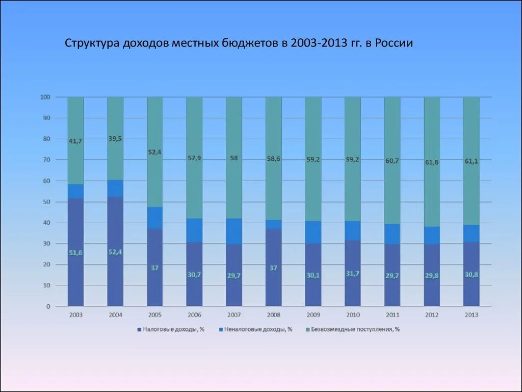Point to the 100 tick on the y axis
tap(45, 97)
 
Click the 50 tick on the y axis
tap(46, 202)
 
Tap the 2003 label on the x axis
tap(75, 315)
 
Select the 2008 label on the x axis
tap(273, 315)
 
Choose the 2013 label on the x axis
tap(471, 315)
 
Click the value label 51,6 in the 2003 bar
tap(75, 253)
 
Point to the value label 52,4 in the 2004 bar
tap(115, 252)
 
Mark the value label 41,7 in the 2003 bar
tap(75, 141)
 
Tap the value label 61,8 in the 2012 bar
tap(432, 162)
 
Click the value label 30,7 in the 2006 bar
tap(194, 275)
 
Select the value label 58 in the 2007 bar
tap(233, 158)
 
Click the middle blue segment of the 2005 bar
tap(155, 218)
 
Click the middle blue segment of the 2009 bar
tap(313, 232)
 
